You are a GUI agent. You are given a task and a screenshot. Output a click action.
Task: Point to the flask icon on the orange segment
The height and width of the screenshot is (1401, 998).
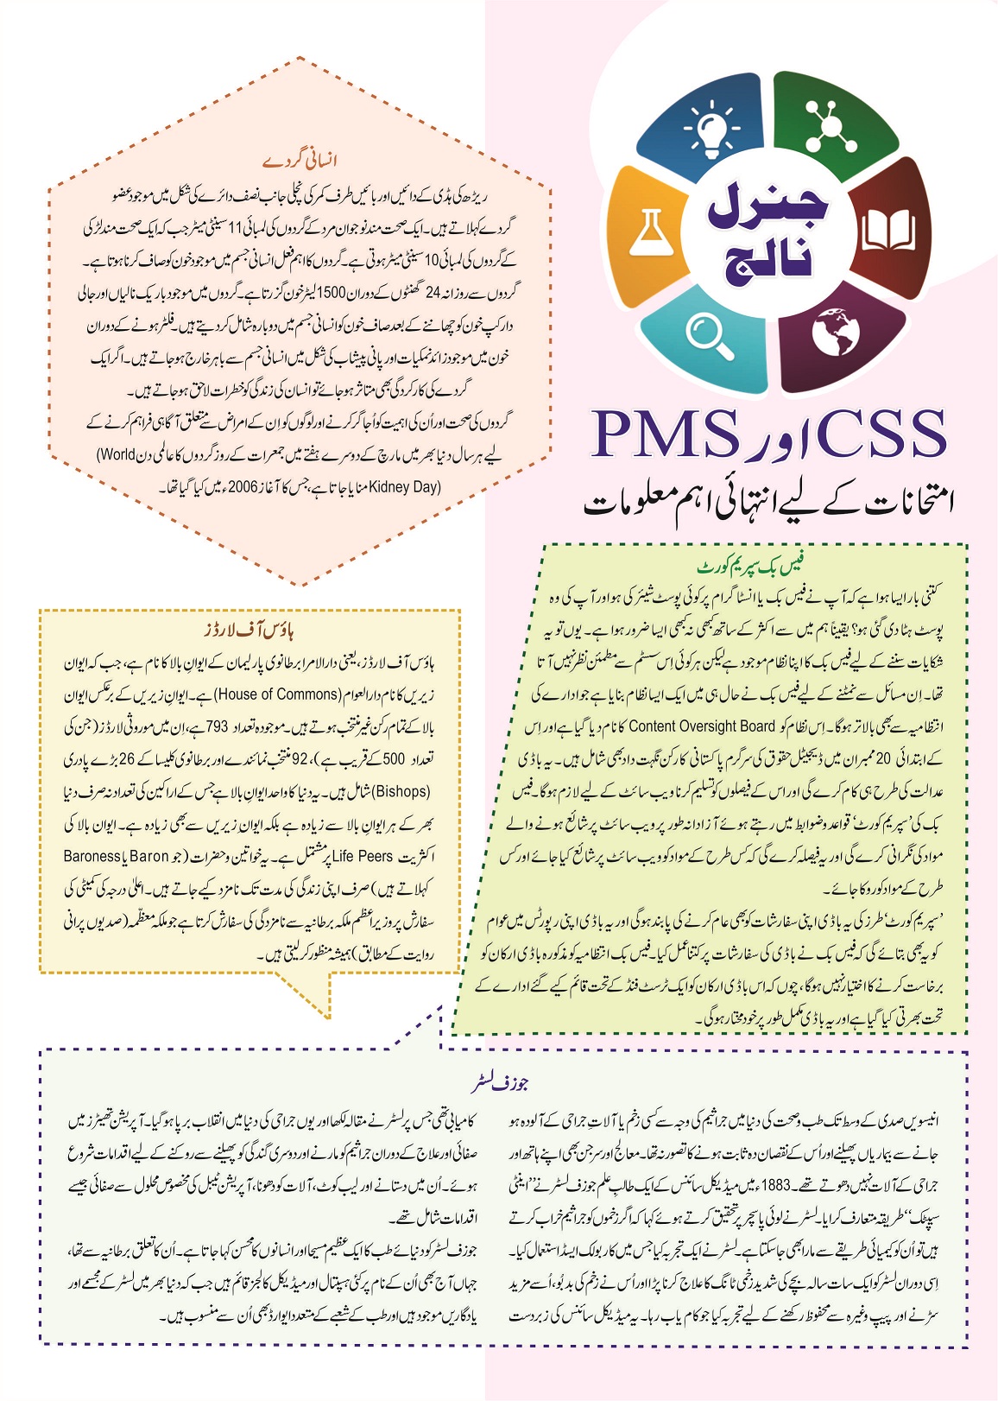[x=647, y=232]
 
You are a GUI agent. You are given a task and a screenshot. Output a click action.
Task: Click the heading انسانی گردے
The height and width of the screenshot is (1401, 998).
[x=300, y=161]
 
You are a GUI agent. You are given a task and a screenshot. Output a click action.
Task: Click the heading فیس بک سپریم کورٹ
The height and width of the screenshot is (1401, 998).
[x=751, y=567]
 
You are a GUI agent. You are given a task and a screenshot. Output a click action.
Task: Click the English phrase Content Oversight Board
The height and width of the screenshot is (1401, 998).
[x=702, y=726]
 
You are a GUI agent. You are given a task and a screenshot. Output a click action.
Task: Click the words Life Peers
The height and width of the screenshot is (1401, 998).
[x=363, y=856]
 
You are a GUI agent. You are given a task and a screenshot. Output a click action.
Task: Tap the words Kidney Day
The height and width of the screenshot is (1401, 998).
[x=404, y=487]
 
